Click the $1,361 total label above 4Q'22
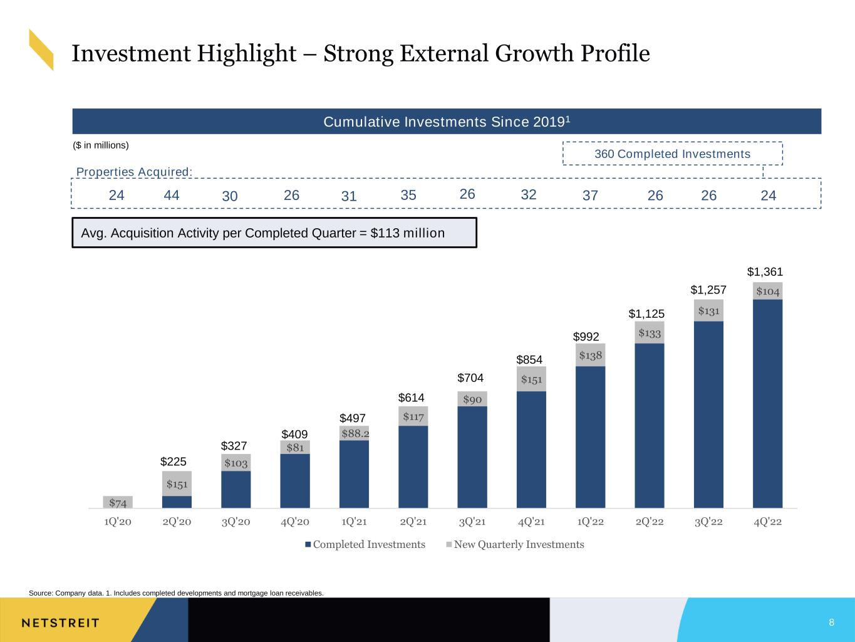pos(765,271)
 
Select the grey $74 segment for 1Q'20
pos(118,502)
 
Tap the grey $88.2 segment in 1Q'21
pos(354,433)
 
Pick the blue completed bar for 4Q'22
pos(767,404)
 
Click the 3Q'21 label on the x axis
pos(472,522)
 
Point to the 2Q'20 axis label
pos(177,522)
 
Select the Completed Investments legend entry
pos(365,544)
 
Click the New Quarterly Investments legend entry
pos(515,544)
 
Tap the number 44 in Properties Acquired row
pos(172,195)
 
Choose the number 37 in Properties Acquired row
pos(590,195)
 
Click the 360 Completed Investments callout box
pos(673,154)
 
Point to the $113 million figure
pos(407,233)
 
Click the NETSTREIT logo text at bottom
pos(60,623)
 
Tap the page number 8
pos(832,622)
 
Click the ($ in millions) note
pos(100,145)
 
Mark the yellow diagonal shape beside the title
pos(41,50)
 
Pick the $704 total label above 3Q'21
pos(470,377)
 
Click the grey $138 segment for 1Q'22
pos(590,355)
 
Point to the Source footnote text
pos(176,593)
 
